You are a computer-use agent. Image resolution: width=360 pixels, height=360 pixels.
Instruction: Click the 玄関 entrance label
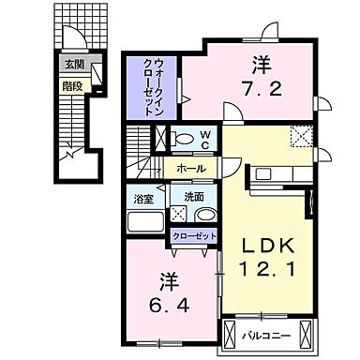coord(71,65)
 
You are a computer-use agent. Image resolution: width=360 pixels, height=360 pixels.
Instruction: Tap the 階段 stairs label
coord(71,82)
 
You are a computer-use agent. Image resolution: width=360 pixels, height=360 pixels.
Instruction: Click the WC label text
coord(204,140)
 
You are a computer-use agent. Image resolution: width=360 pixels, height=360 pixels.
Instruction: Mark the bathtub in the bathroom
coord(144,223)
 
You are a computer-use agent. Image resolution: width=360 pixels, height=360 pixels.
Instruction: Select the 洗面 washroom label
coord(193,198)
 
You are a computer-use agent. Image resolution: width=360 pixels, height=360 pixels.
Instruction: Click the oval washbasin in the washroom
coord(202,214)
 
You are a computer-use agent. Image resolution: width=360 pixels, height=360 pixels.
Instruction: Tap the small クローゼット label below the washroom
coord(193,237)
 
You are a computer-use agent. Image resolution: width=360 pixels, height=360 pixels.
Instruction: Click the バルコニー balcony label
coord(271,334)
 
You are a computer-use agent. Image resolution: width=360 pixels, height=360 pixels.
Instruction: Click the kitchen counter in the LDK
coord(276,173)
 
